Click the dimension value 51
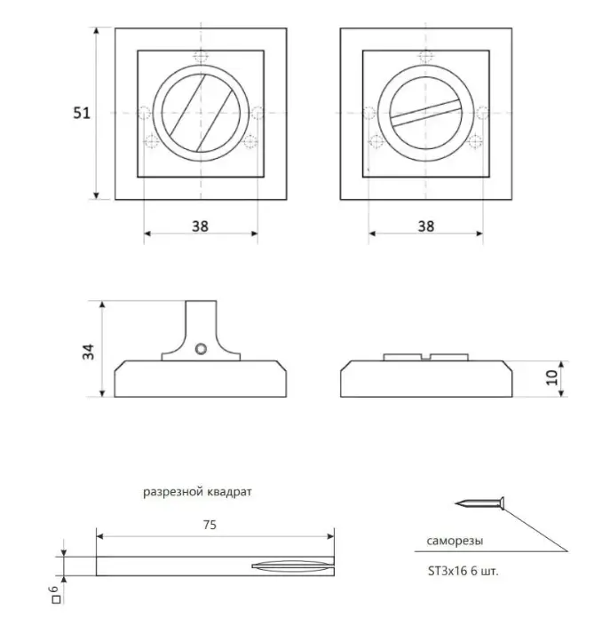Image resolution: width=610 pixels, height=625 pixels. pos(82,114)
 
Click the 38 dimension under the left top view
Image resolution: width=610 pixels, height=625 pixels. pos(200,226)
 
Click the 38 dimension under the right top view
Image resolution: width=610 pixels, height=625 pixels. pos(426,226)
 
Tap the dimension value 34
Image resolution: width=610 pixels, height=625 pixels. pos(88,352)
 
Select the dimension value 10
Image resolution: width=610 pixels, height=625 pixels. pos(551,377)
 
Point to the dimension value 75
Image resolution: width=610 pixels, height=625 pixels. pos(210,525)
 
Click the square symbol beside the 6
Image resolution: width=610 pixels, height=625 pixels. pos(56,599)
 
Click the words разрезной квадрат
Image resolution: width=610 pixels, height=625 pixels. pos(197,492)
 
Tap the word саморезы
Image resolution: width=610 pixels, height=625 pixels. pos(455,542)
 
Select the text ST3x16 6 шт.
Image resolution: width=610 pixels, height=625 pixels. pos(463,571)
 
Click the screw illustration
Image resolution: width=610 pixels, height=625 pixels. pos(479,504)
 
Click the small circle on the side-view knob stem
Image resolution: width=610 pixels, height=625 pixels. pos(201,349)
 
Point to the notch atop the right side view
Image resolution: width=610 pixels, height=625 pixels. pos(426,357)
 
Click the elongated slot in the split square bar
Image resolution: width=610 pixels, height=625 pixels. pos(292,566)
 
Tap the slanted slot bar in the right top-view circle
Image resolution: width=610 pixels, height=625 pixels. pos(426,114)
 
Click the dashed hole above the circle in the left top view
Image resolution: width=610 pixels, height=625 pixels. pos(201,57)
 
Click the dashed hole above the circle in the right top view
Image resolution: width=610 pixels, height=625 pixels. pos(426,57)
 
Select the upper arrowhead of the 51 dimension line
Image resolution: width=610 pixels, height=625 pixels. pos(96,31)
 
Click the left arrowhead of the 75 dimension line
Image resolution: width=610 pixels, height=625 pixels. pos(100,536)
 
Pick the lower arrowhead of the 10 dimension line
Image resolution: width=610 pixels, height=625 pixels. pos(561,392)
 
